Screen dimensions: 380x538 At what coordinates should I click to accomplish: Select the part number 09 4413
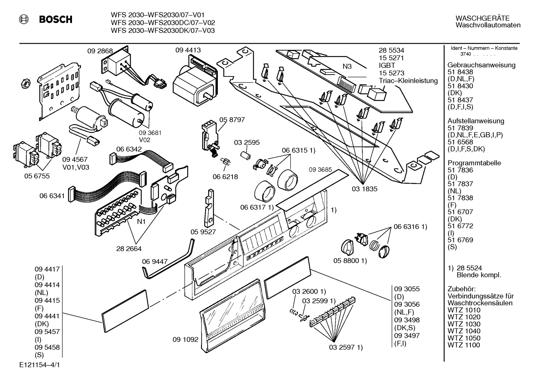pos(188,50)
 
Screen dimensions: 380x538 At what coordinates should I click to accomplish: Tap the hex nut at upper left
pos(24,84)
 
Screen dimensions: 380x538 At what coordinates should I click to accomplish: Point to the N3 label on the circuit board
pos(347,67)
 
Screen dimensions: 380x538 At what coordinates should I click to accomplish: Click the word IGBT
pos(387,65)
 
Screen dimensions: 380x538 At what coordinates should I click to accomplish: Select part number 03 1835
pos(365,189)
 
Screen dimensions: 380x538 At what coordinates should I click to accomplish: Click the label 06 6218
pos(225,177)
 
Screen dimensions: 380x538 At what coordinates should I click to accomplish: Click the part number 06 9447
pos(154,261)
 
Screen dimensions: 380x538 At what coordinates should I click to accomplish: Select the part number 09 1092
pos(185,340)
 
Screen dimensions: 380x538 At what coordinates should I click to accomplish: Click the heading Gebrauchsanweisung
pos(481,65)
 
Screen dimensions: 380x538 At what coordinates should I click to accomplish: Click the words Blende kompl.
pos(479,275)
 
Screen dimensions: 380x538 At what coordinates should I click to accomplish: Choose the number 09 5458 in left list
pos(47,347)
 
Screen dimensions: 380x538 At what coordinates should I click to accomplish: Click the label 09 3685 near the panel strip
pos(320,170)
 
